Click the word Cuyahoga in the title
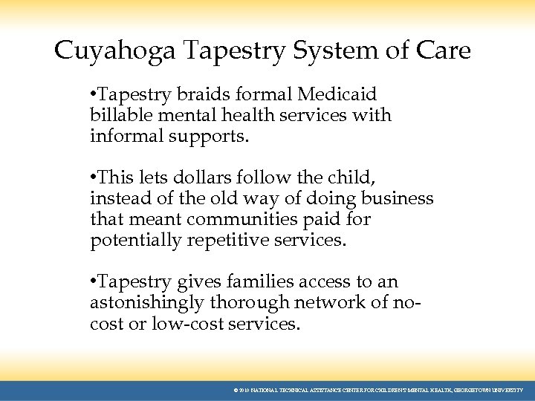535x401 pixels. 115,51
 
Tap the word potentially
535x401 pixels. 136,241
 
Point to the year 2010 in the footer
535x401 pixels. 244,390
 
